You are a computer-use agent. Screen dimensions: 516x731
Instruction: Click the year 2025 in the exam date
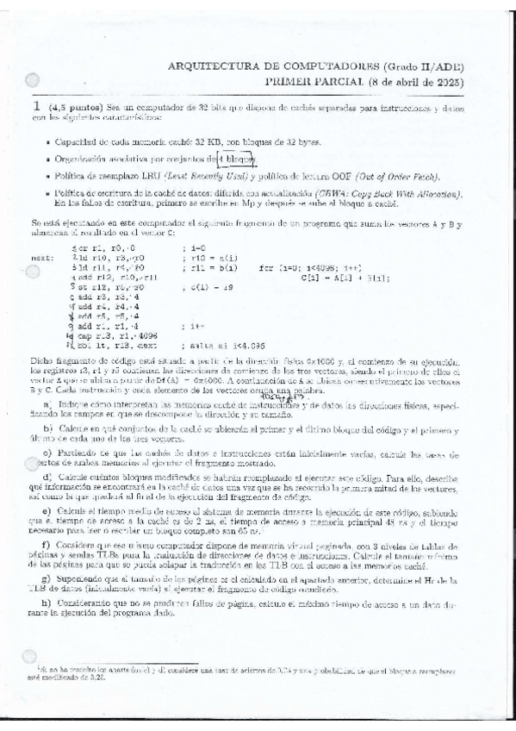(x=450, y=82)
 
